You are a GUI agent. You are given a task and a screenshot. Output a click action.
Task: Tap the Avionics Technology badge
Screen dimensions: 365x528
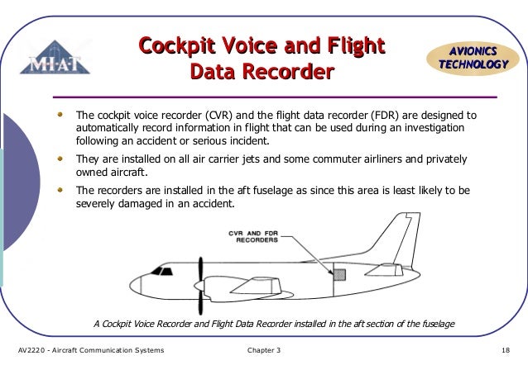coord(472,56)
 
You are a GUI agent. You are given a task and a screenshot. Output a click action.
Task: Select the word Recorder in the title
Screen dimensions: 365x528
coord(290,73)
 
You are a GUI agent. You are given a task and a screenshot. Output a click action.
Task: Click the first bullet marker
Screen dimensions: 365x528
coord(59,115)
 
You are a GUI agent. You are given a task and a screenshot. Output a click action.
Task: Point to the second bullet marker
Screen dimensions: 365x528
coord(59,158)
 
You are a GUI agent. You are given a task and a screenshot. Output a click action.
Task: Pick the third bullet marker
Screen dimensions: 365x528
coord(59,189)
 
